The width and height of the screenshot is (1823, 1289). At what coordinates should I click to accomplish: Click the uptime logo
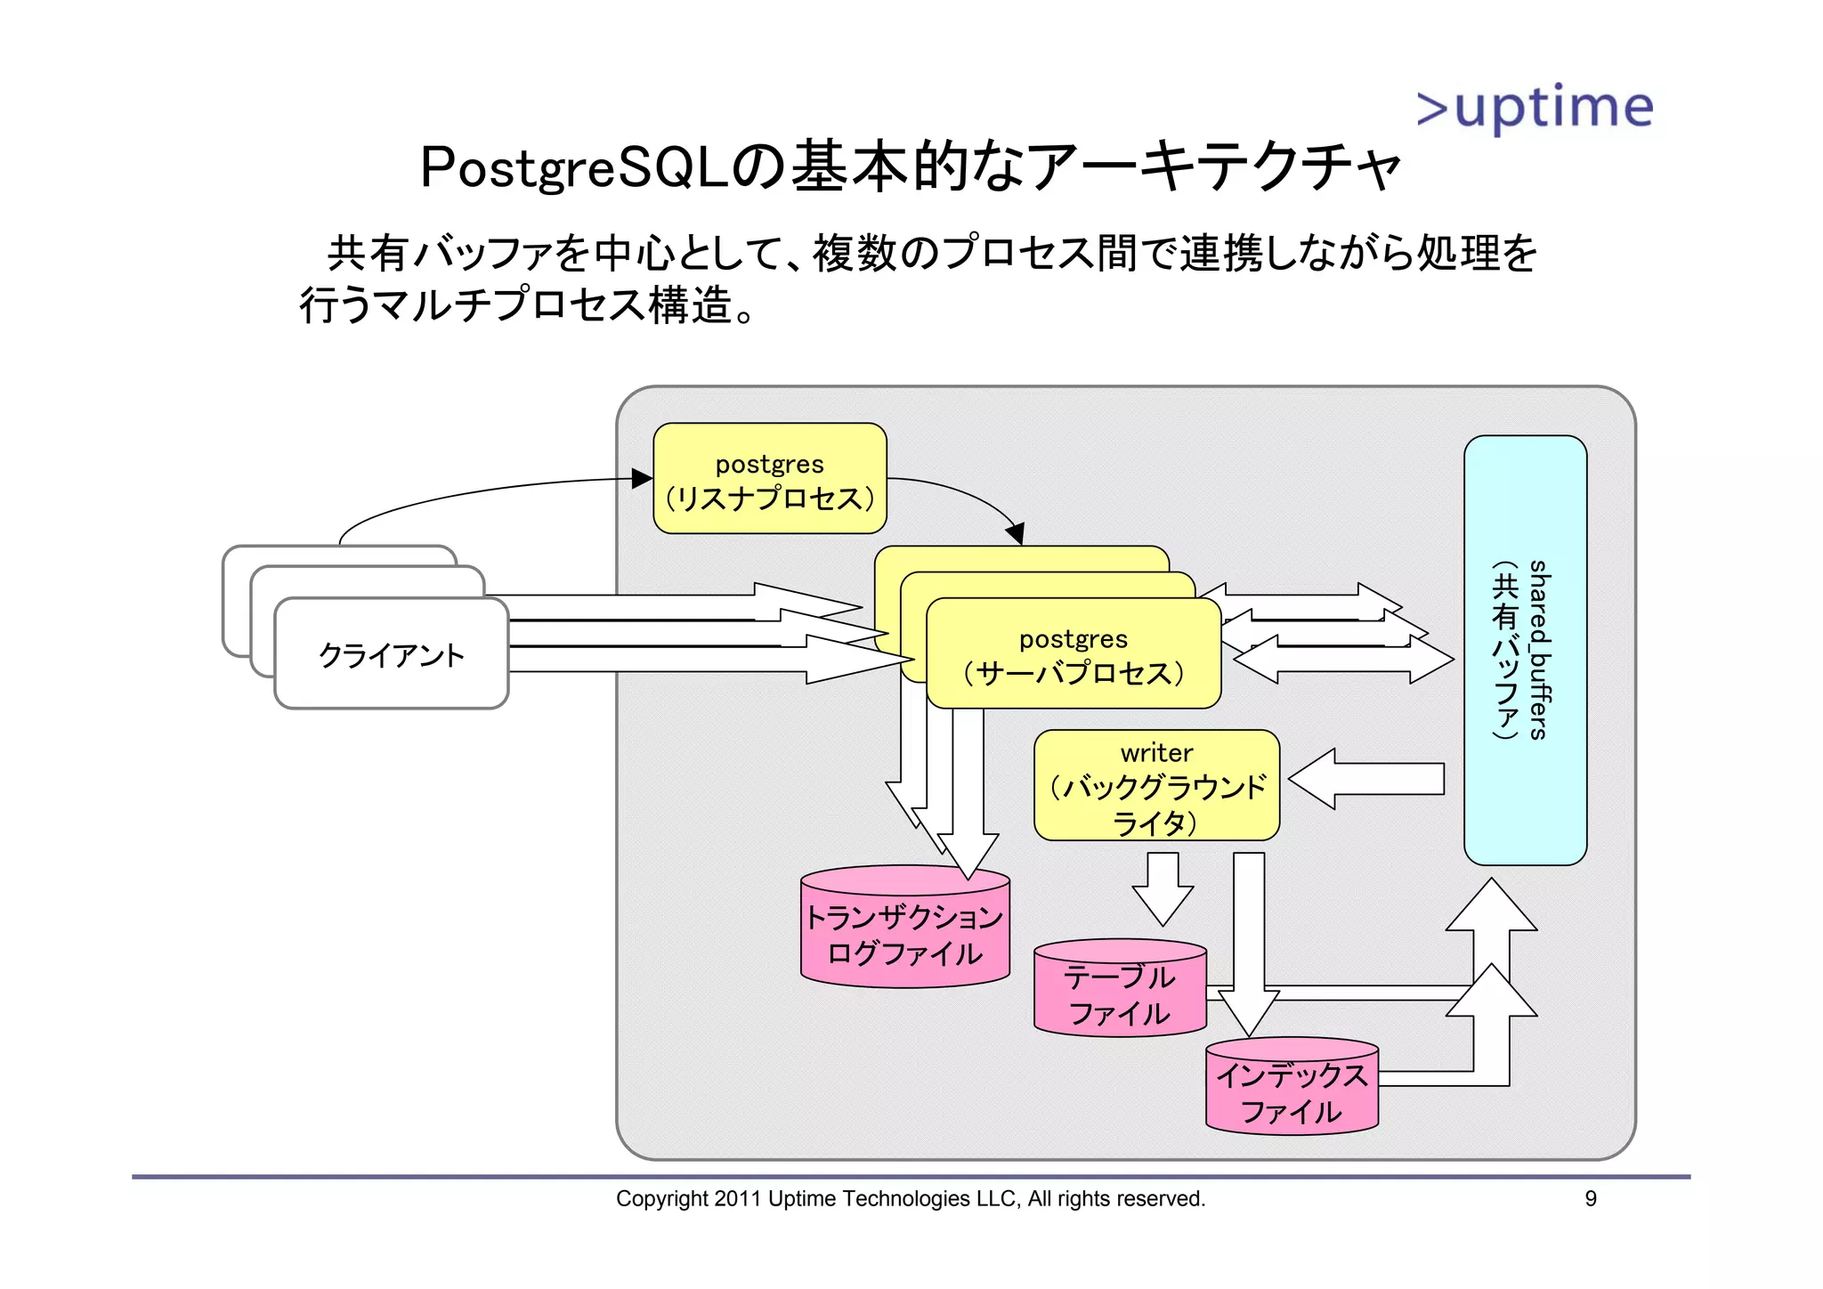pos(1535,108)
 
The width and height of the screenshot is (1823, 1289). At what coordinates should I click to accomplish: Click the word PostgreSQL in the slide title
pos(574,167)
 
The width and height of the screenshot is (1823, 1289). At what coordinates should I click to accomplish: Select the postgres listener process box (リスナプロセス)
pos(769,479)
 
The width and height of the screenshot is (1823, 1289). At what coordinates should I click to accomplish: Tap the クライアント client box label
pos(392,655)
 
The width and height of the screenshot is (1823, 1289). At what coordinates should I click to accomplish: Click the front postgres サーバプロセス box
pos(1073,655)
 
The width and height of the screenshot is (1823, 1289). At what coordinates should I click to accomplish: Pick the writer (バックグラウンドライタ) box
pos(1156,786)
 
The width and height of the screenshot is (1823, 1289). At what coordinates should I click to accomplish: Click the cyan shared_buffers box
pos(1525,650)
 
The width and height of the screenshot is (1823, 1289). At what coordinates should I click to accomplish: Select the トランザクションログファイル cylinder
pos(904,935)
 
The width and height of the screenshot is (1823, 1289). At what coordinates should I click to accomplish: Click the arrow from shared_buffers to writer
pos(1365,779)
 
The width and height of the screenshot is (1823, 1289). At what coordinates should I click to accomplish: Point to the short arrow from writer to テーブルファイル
pos(1163,888)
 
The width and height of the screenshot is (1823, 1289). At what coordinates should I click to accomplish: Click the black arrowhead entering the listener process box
pos(642,479)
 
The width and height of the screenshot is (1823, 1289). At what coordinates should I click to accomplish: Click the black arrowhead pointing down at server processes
pos(1016,534)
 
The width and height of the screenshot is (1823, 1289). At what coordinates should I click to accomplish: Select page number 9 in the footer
pos(1591,1199)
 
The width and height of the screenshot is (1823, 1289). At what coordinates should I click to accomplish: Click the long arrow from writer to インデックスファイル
pos(1249,944)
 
